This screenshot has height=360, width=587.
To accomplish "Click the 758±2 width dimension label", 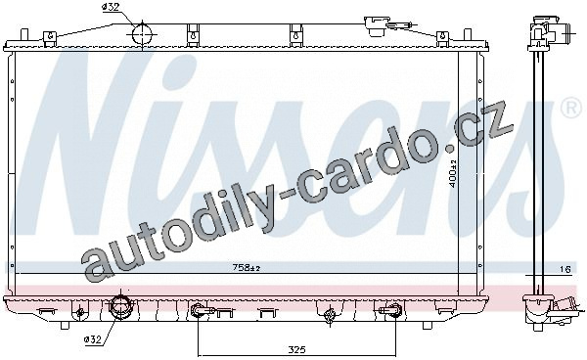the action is tap(247, 268).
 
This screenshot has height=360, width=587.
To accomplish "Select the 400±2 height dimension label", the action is tap(453, 173).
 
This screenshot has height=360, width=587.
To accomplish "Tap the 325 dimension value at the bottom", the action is tap(296, 350).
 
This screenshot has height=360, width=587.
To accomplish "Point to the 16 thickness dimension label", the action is tap(564, 269).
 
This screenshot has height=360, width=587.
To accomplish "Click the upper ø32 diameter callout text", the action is tap(112, 8).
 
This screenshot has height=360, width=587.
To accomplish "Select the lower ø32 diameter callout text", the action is tap(93, 339).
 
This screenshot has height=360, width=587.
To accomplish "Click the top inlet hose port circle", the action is tap(143, 34).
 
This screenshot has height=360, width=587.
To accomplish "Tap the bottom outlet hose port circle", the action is tap(120, 307).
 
